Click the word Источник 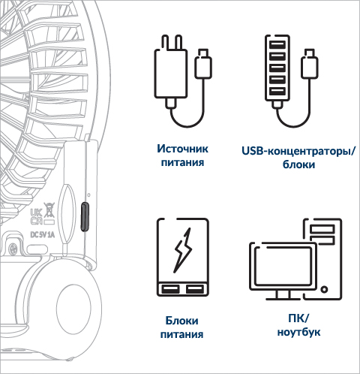182,149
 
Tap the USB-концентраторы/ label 298,151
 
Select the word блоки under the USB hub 298,164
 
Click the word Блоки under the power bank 181,321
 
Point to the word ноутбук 298,332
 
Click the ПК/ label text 298,318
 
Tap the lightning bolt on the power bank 183,250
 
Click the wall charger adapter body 171,74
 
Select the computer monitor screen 283,266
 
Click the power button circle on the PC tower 324,290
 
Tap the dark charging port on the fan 85,216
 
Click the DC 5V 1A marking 42,235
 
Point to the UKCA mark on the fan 36,216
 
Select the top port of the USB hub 277,45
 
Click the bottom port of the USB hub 277,91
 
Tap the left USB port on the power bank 170,289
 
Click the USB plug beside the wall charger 203,63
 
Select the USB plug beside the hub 310,63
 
